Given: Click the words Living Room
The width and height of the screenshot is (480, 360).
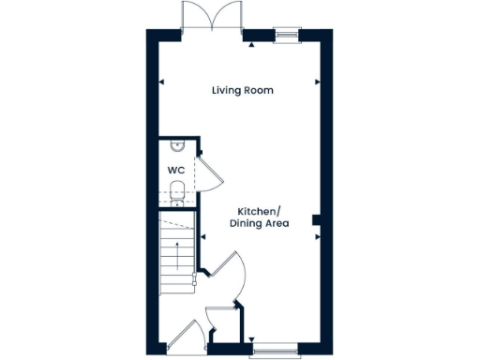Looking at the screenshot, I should pos(240,90).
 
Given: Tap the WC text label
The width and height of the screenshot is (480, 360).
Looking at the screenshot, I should pos(174,170).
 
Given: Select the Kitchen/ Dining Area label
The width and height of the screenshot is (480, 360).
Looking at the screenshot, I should pos(262,217).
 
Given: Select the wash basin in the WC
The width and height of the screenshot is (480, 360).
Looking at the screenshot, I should pos(177,146).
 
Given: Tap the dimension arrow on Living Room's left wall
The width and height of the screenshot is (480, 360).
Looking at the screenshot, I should pos(161,82).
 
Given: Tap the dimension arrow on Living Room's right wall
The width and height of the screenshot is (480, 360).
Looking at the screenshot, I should pos(318,82).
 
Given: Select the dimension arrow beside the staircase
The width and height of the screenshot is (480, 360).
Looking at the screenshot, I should pos(200,238).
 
